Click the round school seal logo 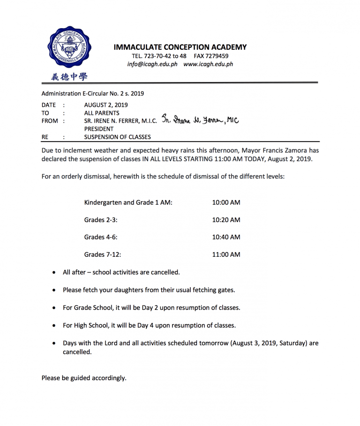69,47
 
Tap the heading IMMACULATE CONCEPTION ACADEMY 180,47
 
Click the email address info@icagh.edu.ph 152,64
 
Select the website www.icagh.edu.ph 208,64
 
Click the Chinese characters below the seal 69,77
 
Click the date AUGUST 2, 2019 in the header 106,105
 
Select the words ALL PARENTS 102,113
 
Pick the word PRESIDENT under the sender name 99,129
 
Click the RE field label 45,137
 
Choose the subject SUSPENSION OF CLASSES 118,137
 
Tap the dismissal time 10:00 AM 226,202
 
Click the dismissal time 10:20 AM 226,220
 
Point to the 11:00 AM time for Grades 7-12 226,254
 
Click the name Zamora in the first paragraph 295,150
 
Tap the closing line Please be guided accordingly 84,378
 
